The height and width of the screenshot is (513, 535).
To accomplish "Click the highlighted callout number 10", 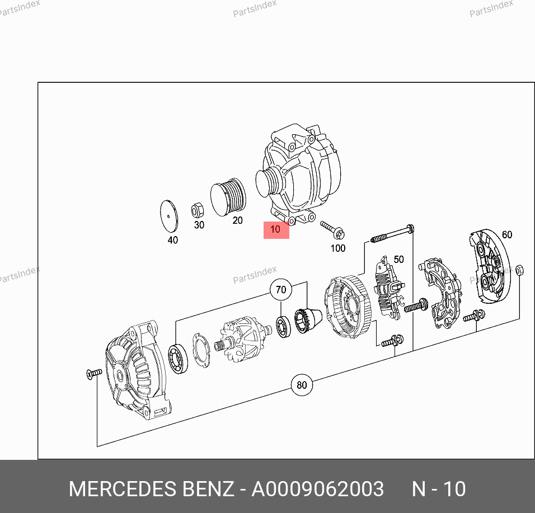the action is (275, 229).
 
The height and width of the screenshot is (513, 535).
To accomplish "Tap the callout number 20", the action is (237, 220).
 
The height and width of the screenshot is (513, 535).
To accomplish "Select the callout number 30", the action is (199, 225).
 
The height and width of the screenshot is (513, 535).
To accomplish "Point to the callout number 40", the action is (173, 240).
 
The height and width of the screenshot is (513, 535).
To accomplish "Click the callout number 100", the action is (338, 248).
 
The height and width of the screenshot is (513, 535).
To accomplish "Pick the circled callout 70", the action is (281, 290).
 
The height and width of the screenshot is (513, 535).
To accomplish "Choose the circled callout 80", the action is (302, 385).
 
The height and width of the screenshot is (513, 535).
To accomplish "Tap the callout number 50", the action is (398, 259).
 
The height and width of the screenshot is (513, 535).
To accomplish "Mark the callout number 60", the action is (506, 234).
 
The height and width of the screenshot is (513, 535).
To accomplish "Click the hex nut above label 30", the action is (197, 210).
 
